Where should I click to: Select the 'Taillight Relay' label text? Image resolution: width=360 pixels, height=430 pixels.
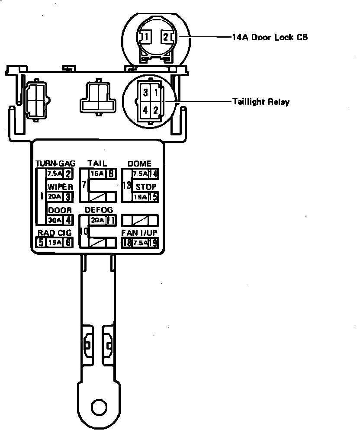tap(260, 103)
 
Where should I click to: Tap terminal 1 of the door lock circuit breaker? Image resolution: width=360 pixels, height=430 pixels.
tap(148, 37)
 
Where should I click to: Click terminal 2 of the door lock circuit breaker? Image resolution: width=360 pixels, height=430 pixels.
tap(166, 37)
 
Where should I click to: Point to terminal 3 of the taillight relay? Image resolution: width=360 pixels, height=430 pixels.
tap(146, 93)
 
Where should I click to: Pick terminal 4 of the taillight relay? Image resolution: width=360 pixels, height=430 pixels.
tap(146, 110)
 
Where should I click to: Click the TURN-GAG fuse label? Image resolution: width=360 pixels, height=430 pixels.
tap(55, 164)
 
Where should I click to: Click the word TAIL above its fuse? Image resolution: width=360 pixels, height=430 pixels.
tap(97, 164)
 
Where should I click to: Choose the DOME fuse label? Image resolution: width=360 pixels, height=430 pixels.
tap(139, 164)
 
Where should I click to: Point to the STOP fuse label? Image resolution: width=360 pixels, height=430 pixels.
tap(146, 187)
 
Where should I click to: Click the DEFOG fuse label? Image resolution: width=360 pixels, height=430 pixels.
tap(99, 210)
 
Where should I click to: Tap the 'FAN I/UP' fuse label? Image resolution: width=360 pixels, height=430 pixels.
tap(139, 233)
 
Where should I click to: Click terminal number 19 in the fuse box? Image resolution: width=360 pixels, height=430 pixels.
tap(153, 242)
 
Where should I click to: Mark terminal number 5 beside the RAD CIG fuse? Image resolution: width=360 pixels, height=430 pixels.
tap(41, 242)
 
